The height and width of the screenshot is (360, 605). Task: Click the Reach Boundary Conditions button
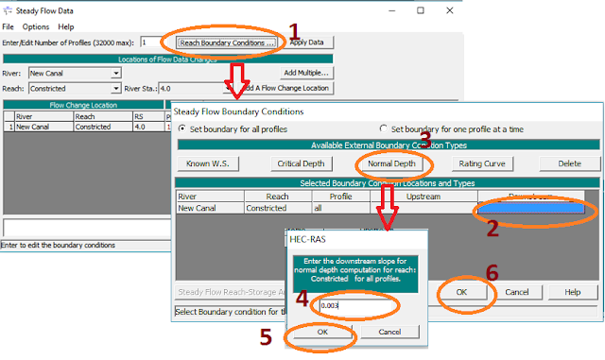tap(226, 43)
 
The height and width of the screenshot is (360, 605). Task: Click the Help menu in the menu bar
tap(66, 26)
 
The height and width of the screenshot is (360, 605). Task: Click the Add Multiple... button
tap(305, 73)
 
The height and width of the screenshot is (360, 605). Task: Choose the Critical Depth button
tap(301, 163)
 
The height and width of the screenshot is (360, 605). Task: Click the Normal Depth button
tap(391, 163)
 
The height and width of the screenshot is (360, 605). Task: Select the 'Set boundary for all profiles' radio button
tap(183, 129)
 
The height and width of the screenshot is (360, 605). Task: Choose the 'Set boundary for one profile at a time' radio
tap(384, 129)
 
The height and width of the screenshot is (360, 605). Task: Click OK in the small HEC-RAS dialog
tap(321, 333)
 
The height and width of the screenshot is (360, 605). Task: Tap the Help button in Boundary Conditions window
tap(571, 293)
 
